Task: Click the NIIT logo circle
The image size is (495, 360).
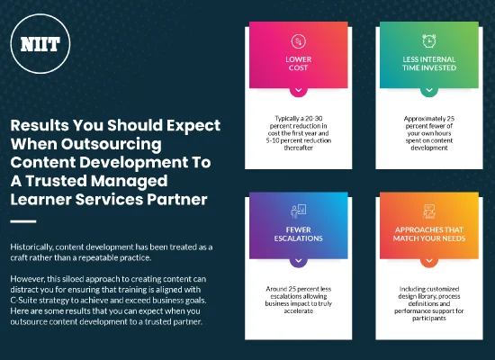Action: (x=33, y=43)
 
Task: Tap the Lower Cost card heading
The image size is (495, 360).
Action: (x=298, y=64)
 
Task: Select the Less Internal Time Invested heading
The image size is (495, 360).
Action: (x=427, y=64)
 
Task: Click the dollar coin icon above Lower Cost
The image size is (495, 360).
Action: (x=298, y=40)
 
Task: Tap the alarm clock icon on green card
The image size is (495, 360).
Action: (x=427, y=40)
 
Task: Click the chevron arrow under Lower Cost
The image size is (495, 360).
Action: (x=298, y=91)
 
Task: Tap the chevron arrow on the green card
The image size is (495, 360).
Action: (x=427, y=91)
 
